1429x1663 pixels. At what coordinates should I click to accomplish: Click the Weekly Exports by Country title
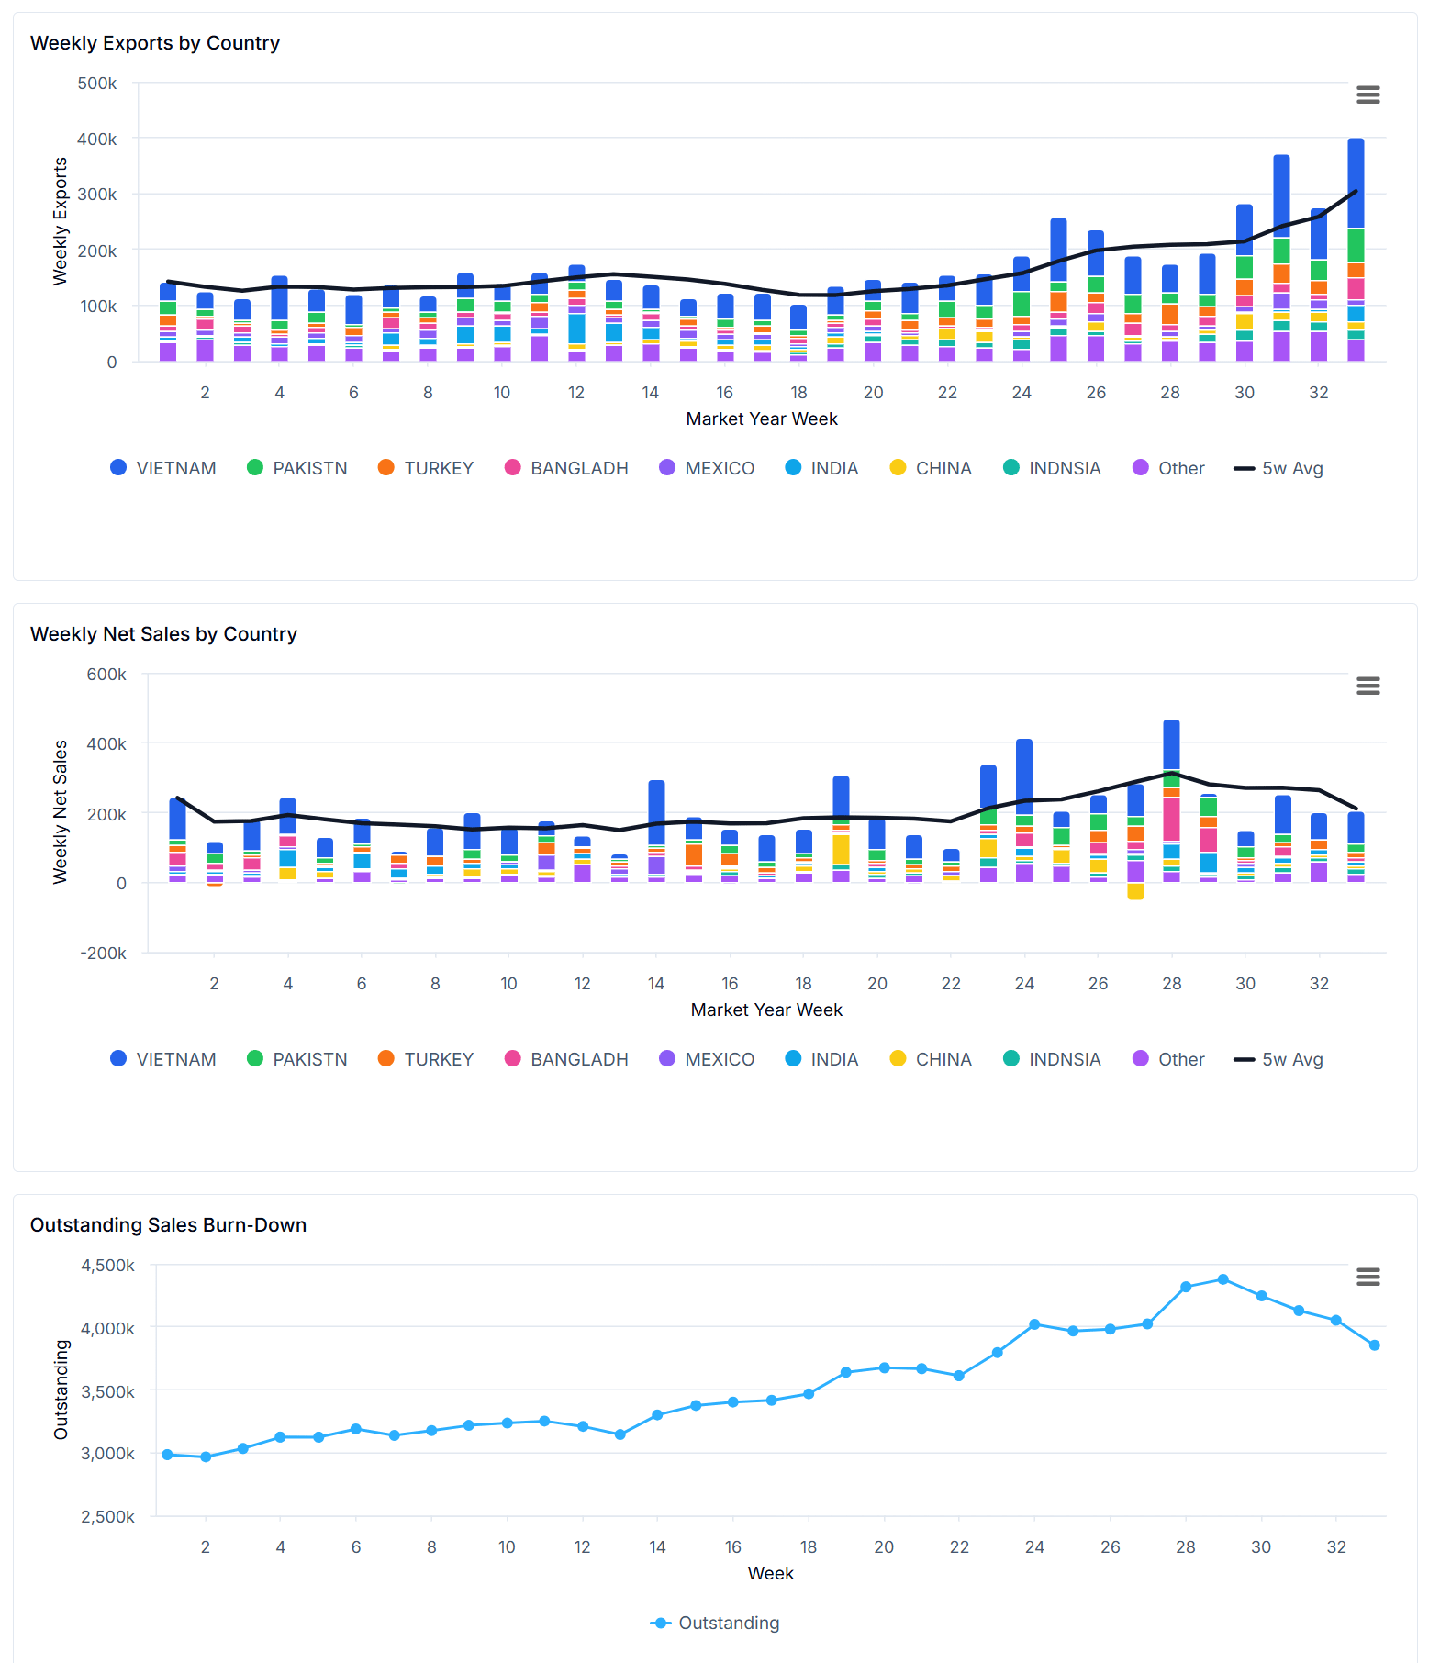point(155,43)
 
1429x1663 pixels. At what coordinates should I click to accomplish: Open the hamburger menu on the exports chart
point(1368,95)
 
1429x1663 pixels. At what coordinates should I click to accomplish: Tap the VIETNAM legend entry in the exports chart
point(163,468)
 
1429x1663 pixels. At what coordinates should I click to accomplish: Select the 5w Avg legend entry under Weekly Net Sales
point(1279,1059)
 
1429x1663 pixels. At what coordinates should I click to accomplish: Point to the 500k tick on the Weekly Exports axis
point(97,84)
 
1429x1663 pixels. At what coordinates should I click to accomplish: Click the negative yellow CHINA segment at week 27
point(1135,891)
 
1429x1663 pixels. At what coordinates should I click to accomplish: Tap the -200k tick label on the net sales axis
point(104,953)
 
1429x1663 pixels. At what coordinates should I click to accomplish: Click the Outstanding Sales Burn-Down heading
point(168,1225)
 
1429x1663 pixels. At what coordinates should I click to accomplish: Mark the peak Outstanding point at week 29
point(1222,1279)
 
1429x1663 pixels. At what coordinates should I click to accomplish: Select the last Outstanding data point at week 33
point(1374,1345)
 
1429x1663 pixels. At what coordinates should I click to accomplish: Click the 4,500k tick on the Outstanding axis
point(108,1266)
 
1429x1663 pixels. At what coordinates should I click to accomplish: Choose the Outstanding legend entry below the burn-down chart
point(716,1623)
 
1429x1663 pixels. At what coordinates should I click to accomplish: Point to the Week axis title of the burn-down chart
point(770,1573)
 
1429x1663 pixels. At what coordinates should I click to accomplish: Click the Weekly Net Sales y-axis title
point(61,811)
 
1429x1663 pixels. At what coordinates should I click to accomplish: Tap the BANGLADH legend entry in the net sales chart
point(567,1059)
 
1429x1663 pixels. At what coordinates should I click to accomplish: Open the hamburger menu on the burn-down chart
point(1368,1277)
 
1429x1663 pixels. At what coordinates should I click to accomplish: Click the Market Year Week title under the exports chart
point(762,419)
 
